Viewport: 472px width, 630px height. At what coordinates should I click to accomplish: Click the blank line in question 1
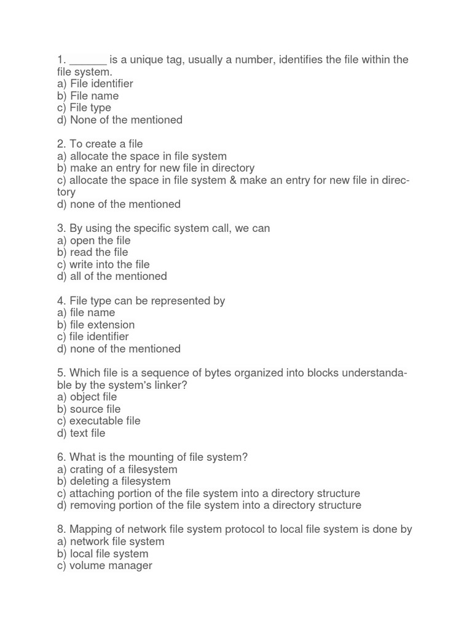pyautogui.click(x=88, y=60)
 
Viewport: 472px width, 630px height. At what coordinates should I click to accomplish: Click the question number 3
pyautogui.click(x=61, y=228)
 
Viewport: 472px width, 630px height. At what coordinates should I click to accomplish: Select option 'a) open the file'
pyautogui.click(x=93, y=241)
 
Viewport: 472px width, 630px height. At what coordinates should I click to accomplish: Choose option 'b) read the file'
pyautogui.click(x=92, y=252)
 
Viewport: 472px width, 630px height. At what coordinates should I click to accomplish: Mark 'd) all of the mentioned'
pyautogui.click(x=111, y=276)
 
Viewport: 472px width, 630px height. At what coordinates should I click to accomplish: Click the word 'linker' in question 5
pyautogui.click(x=170, y=385)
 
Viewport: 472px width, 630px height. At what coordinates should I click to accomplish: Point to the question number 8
pyautogui.click(x=61, y=529)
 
